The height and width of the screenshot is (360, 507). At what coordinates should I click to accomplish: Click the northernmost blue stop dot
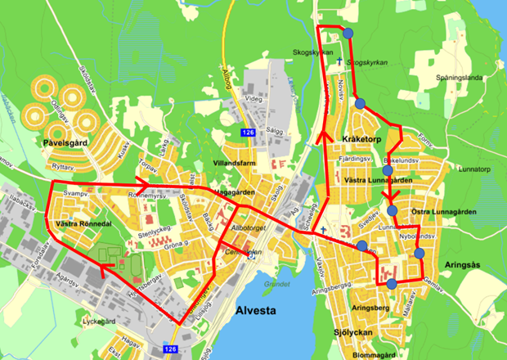349,33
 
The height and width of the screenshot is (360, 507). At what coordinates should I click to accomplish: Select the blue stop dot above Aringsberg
392,284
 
